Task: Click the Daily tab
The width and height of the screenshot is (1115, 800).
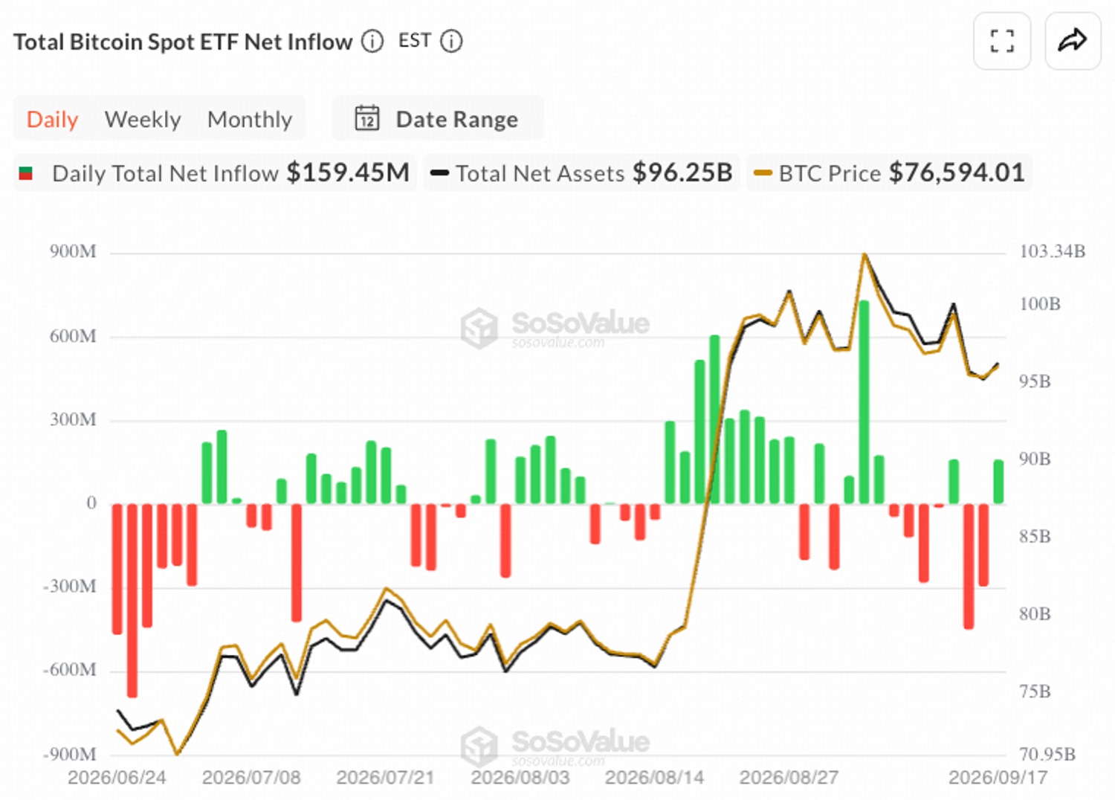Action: point(52,120)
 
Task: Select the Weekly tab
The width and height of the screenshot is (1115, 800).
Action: point(143,120)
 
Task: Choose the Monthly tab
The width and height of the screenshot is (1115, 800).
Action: point(250,120)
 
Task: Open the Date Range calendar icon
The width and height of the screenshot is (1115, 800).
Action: point(367,118)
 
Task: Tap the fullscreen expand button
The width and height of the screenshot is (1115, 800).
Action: point(1002,41)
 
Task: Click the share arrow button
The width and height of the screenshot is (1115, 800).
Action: point(1073,41)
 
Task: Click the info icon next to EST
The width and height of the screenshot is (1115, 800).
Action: point(451,42)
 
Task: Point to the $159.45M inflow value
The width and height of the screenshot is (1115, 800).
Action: point(348,172)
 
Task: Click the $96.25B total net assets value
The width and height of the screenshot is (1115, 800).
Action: point(682,172)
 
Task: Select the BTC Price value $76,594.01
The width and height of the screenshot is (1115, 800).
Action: point(957,172)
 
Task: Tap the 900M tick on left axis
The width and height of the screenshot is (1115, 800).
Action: point(73,252)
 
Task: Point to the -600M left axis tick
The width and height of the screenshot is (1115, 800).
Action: point(70,670)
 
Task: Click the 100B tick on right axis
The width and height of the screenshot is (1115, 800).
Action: point(1040,303)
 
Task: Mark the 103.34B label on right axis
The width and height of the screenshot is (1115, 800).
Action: point(1053,251)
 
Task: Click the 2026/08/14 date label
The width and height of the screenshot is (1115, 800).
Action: point(655,778)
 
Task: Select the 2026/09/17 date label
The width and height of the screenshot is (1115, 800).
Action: point(998,778)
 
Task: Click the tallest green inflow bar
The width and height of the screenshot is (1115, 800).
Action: point(864,402)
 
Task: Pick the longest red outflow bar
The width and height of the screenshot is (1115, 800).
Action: point(132,601)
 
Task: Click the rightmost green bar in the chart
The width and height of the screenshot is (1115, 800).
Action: point(998,482)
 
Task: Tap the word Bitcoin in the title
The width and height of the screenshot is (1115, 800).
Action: point(106,42)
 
